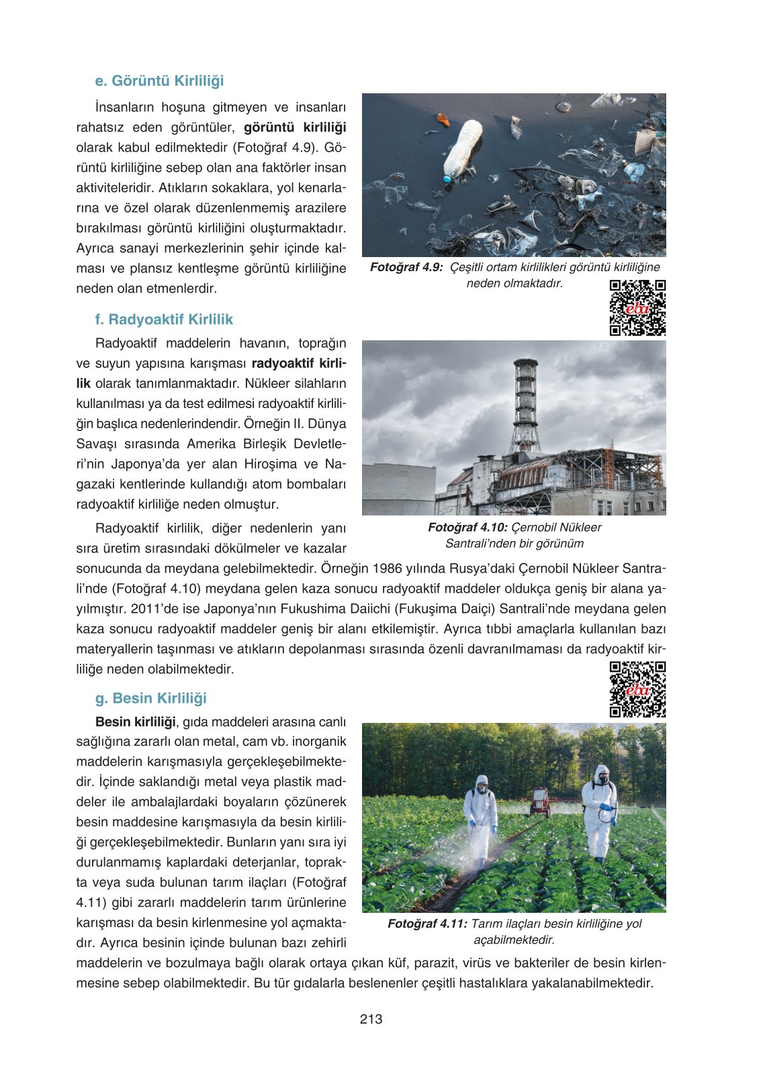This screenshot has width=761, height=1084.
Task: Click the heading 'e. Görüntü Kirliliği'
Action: click(159, 81)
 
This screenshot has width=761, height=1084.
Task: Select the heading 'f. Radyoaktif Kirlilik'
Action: click(164, 319)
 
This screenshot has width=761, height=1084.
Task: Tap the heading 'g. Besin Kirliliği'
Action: click(151, 698)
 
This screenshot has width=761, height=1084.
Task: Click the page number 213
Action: click(371, 1019)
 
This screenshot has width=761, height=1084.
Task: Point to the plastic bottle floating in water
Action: click(463, 150)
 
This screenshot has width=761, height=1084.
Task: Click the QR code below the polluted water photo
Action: click(637, 307)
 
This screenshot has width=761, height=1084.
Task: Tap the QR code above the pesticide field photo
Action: click(637, 689)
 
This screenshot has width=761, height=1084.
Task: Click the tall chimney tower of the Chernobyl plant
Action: click(525, 405)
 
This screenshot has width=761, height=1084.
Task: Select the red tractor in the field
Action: click(539, 801)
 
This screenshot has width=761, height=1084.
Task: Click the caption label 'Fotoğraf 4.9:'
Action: click(406, 267)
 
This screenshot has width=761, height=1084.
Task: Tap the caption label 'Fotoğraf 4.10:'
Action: click(467, 528)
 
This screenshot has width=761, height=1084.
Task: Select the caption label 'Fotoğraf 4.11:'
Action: click(427, 924)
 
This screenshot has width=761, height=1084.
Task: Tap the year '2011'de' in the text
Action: click(154, 609)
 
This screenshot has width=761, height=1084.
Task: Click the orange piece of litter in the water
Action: click(443, 119)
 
